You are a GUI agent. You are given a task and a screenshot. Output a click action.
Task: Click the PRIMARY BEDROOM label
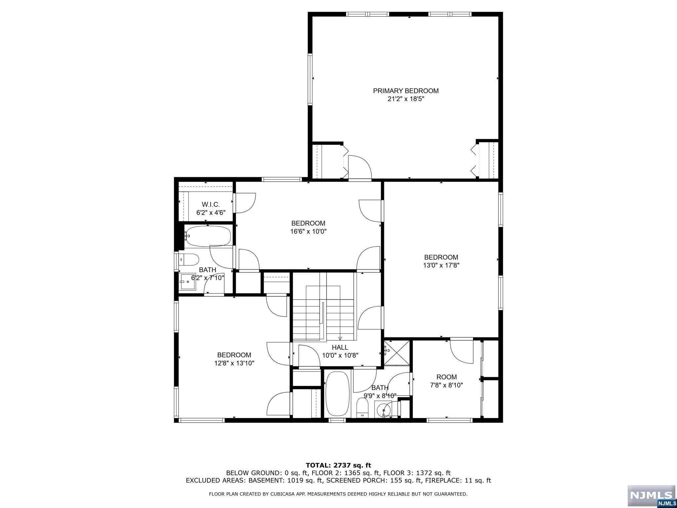coord(406,91)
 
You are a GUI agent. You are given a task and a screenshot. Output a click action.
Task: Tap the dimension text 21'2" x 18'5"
coord(406,99)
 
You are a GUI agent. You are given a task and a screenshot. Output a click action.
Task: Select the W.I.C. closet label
coord(211,205)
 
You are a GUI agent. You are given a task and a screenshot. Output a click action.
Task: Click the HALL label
coord(340,347)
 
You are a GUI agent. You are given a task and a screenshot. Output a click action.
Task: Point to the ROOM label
coord(447,377)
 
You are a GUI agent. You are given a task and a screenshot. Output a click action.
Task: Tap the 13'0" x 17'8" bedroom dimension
coord(441,265)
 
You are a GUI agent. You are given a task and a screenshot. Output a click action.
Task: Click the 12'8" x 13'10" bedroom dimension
coord(234,363)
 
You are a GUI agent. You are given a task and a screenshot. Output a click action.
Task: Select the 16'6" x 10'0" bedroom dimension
coord(308,232)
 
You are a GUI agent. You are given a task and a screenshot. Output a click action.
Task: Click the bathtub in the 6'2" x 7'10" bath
coord(207,236)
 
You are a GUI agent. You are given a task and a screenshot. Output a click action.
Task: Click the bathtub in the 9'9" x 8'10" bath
coord(338,394)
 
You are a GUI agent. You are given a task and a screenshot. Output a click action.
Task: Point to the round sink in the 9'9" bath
coord(383,409)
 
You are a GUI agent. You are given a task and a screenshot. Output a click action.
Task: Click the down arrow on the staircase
coord(340,338)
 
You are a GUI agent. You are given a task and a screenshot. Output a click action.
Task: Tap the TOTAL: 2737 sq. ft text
coord(338,466)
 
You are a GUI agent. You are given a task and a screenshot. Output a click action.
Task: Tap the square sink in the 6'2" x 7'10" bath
coord(187,282)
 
